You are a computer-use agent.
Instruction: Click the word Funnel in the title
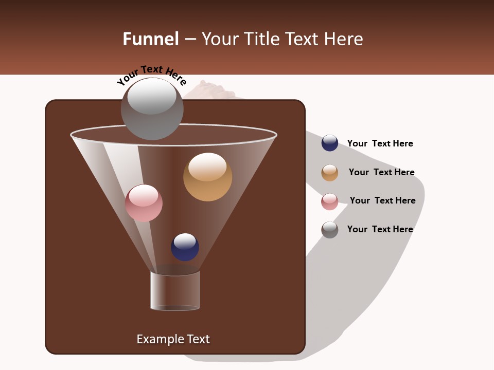coord(150,39)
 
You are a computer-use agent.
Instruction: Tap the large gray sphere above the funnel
coord(152,109)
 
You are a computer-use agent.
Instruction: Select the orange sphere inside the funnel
coord(207,177)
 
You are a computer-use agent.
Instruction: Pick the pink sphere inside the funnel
coord(144,203)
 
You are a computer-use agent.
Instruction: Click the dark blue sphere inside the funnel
coord(185,247)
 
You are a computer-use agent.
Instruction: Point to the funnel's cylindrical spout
coord(175,291)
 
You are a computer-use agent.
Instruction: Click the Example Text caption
coord(173,339)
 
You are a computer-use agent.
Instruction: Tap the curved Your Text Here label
coord(151,75)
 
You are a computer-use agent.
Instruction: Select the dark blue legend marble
coord(330,143)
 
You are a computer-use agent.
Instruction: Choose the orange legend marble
coord(330,173)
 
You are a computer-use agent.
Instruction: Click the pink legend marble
coord(330,201)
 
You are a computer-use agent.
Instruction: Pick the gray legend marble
coord(330,230)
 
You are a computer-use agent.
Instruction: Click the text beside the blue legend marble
coord(380,143)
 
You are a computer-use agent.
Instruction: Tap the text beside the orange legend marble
coord(381,172)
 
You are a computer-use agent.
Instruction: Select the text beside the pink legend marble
coord(382,200)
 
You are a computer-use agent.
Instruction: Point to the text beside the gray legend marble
coord(380,229)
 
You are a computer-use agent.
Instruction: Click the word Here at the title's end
coord(344,39)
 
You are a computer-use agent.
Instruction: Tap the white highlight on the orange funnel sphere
coord(207,166)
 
